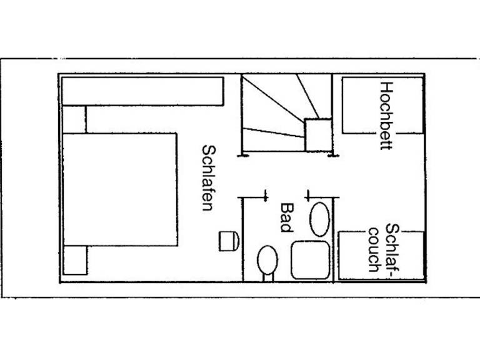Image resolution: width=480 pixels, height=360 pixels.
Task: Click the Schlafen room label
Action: (209, 178)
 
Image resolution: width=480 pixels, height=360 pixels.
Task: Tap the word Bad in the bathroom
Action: (287, 217)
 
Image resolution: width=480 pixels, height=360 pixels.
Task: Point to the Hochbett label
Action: (386, 116)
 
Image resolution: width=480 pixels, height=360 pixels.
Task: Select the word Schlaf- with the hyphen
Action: (392, 251)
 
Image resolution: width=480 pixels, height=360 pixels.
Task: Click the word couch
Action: (374, 250)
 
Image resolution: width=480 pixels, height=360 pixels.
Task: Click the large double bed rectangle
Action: (120, 189)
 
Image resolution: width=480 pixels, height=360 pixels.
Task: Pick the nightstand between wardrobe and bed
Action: (74, 119)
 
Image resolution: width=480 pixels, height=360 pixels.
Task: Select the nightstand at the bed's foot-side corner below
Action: (75, 260)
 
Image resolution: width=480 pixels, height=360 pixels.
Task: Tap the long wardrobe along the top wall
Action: (142, 91)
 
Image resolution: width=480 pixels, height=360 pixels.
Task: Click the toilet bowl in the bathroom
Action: (267, 260)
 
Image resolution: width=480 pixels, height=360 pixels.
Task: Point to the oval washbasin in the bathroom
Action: (319, 219)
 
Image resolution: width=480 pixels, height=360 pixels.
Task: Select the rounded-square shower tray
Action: (310, 260)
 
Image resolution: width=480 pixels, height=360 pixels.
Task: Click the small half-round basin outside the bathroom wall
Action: (229, 241)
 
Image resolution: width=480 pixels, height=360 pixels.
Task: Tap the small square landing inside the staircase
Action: (318, 135)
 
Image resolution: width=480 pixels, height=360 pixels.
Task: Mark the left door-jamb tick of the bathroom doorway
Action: (266, 196)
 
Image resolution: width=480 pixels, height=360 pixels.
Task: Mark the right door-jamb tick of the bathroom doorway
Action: (309, 196)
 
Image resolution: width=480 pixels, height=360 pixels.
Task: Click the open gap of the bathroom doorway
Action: (287, 197)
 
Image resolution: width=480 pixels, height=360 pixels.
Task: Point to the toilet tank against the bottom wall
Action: (268, 277)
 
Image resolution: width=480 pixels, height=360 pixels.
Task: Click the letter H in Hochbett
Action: (386, 87)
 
